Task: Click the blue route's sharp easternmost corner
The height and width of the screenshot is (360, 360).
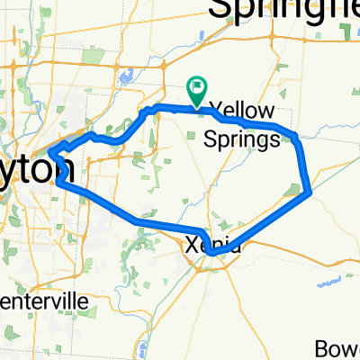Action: click(x=310, y=191)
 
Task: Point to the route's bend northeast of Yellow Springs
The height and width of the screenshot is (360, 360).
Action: click(x=294, y=136)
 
